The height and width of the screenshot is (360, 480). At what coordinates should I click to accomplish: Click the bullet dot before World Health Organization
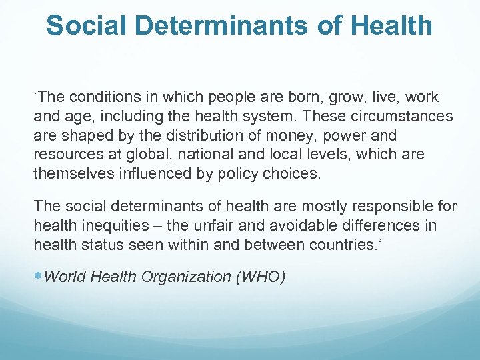[38, 277]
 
